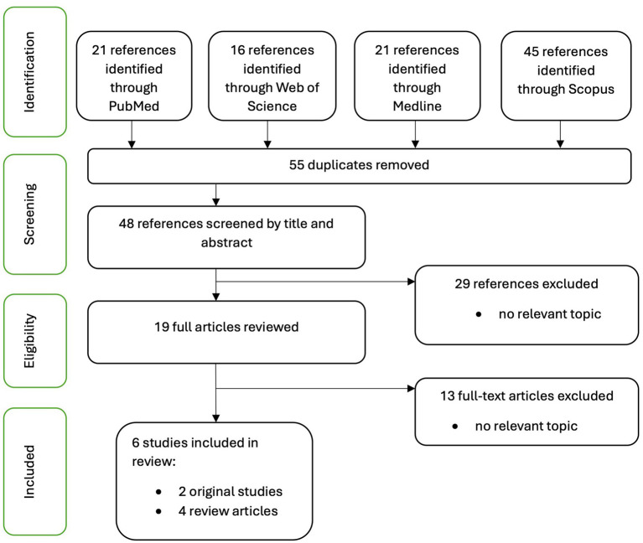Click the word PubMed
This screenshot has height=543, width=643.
tap(133, 106)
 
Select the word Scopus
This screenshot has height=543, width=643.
tap(591, 90)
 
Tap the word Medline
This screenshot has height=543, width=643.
tap(417, 106)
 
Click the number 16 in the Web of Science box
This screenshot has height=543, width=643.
tap(237, 50)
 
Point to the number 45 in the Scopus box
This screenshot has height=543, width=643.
tap(531, 52)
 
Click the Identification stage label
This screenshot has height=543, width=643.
tap(29, 72)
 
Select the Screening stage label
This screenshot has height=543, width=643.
tap(29, 214)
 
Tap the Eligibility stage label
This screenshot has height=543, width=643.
tap(29, 340)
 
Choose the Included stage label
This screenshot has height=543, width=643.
tap(29, 472)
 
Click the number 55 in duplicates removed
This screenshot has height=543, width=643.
tap(297, 165)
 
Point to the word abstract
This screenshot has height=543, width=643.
tap(226, 243)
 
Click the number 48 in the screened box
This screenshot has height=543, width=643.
tap(127, 224)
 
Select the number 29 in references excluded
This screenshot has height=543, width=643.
tap(462, 283)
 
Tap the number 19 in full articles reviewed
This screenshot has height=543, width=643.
tap(162, 327)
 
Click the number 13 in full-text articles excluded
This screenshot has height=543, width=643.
tap(448, 396)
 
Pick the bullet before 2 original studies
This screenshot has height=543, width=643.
tap(158, 492)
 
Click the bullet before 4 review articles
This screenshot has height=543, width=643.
tap(158, 511)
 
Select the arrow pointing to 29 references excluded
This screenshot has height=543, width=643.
tap(315, 282)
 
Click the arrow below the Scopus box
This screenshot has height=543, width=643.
tap(560, 134)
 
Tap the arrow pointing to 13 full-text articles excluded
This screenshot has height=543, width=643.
tap(315, 388)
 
